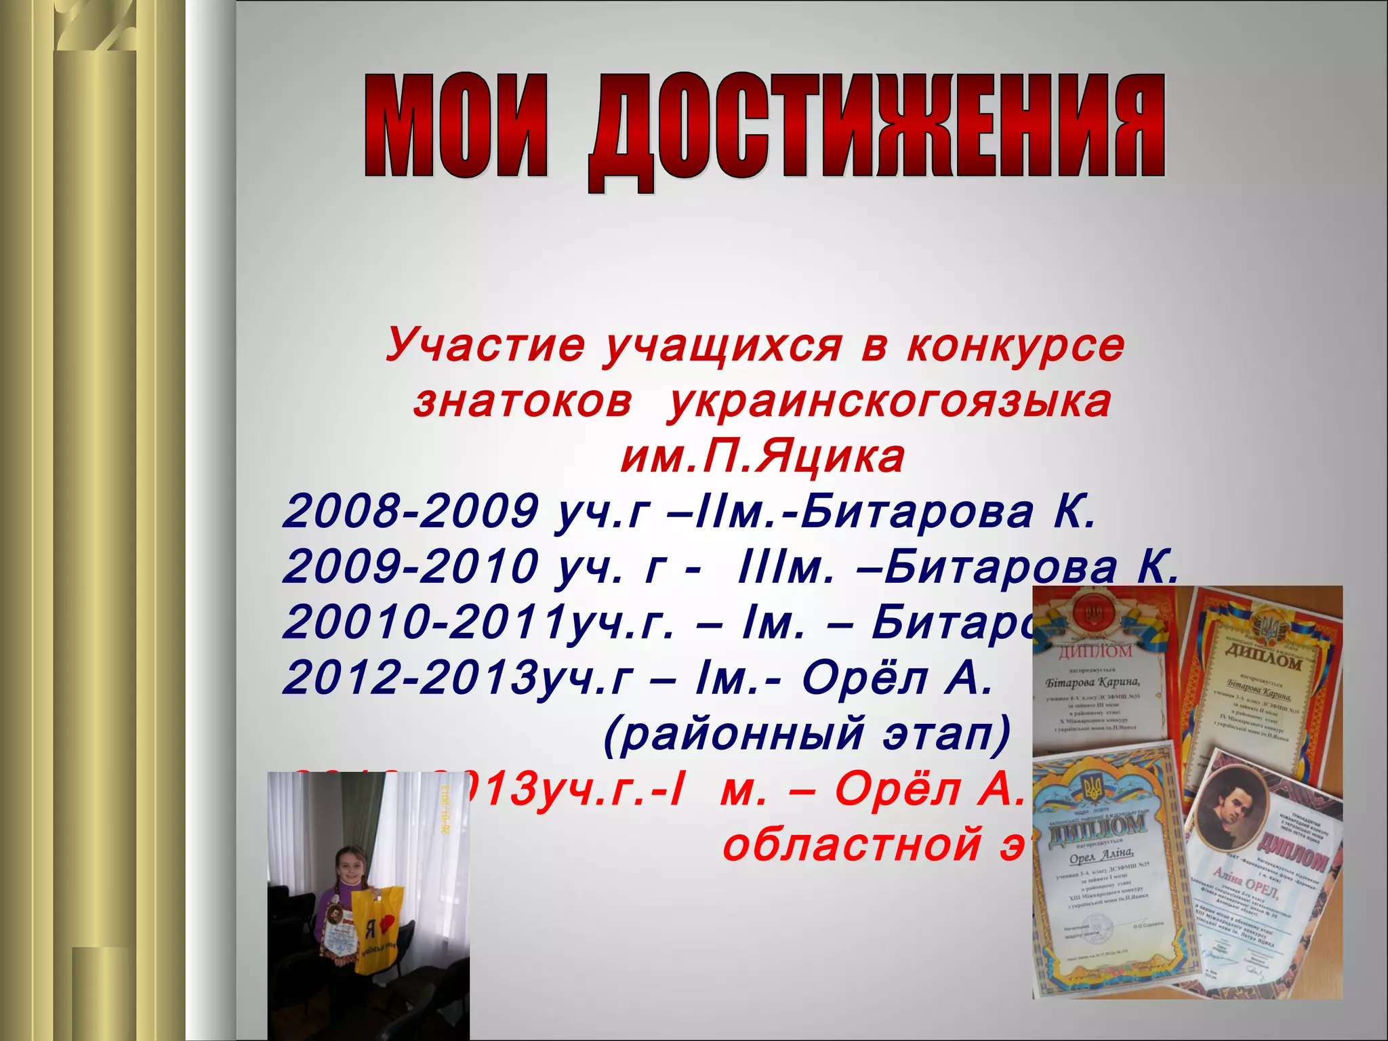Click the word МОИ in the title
point(454,126)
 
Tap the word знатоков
point(523,402)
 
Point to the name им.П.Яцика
point(763,457)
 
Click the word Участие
point(484,346)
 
